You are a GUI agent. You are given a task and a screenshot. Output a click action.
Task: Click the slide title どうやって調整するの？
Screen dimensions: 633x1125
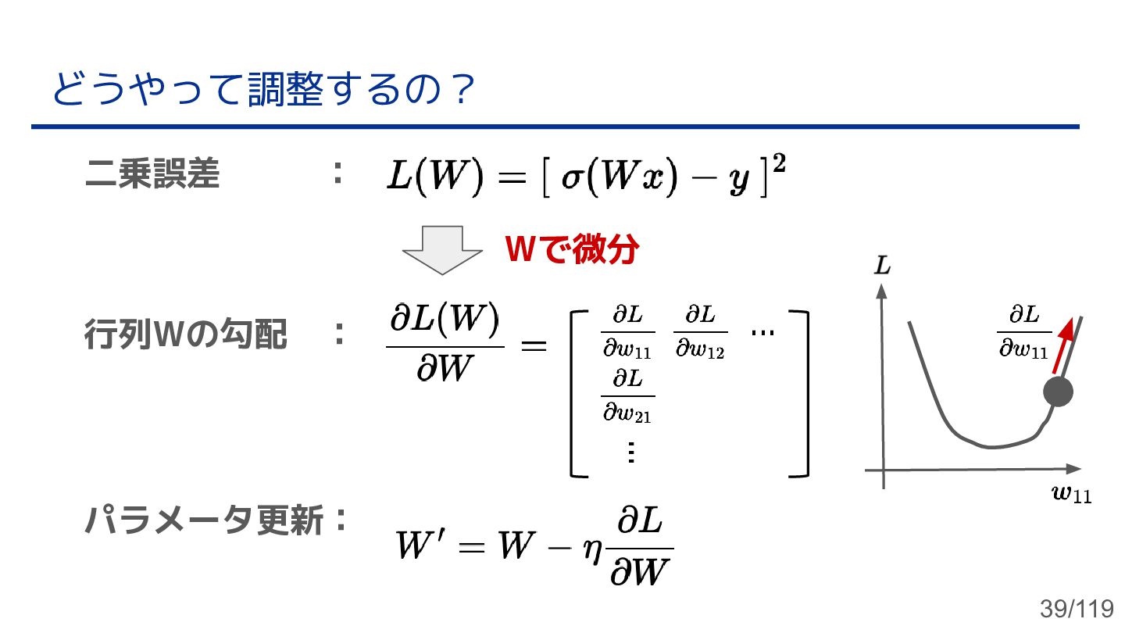pyautogui.click(x=263, y=91)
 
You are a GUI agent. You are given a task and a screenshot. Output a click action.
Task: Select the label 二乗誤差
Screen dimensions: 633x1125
pyautogui.click(x=152, y=175)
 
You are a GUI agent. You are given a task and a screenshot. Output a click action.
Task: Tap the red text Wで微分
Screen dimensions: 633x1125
pyautogui.click(x=573, y=250)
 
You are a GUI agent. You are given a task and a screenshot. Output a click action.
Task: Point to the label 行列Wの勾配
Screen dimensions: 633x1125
pyautogui.click(x=186, y=336)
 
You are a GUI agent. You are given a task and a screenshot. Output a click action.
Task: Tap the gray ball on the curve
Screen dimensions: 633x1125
pyautogui.click(x=1059, y=392)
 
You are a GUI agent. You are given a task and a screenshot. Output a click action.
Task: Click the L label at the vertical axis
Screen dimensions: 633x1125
pyautogui.click(x=883, y=266)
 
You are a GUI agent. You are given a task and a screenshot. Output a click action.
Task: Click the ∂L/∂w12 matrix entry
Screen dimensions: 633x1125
pyautogui.click(x=700, y=332)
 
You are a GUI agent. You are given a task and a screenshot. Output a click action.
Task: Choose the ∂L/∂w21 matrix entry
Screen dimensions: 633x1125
pyautogui.click(x=627, y=395)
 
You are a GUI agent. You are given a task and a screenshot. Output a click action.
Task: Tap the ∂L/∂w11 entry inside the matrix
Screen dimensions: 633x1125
pyautogui.click(x=627, y=332)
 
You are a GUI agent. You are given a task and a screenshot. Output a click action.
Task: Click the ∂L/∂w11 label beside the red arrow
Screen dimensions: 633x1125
pyautogui.click(x=1023, y=332)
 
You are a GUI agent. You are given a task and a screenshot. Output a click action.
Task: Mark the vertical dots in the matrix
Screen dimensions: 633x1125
pyautogui.click(x=630, y=452)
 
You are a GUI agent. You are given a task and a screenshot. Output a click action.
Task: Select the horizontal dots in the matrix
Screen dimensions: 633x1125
pyautogui.click(x=762, y=332)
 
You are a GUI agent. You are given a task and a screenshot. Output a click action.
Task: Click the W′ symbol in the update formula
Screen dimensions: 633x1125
pyautogui.click(x=421, y=545)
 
